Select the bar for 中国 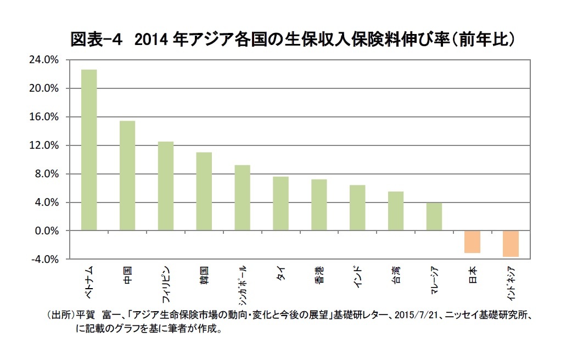[127, 176]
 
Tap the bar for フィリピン [166, 186]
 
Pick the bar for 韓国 [204, 192]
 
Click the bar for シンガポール [242, 198]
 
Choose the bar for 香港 [319, 205]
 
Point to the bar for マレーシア [434, 217]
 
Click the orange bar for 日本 [472, 242]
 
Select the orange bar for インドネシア [511, 244]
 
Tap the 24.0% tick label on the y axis [47, 60]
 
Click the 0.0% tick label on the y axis [49, 231]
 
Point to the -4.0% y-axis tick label [48, 260]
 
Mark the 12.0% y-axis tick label [47, 145]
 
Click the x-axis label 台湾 [396, 275]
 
